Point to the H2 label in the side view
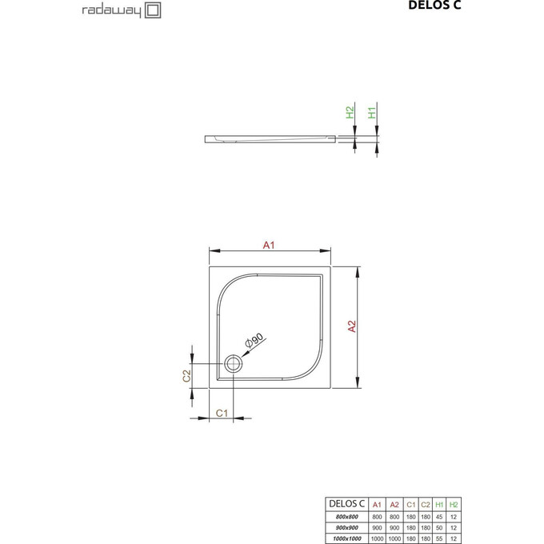point(350,113)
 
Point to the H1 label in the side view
point(373,113)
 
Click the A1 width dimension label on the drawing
point(270,245)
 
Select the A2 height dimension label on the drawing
point(351,326)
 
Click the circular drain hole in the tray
point(234,364)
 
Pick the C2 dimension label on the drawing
point(186,375)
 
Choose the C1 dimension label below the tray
point(224,413)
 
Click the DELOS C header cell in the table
point(347,504)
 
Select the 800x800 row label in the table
point(347,517)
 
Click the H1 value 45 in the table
point(439,517)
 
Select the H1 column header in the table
point(439,504)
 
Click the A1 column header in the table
point(377,504)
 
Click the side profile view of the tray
point(272,138)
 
